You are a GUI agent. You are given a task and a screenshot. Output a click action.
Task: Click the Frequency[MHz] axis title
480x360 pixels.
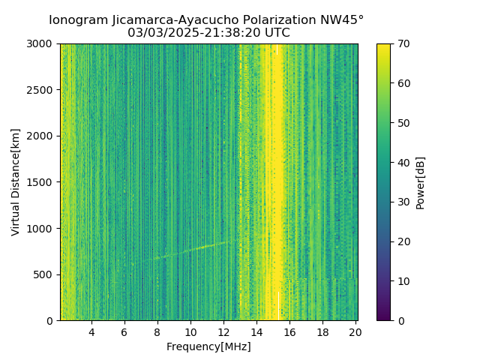click(208, 346)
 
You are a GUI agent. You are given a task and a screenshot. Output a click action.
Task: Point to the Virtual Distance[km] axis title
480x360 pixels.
click(16, 182)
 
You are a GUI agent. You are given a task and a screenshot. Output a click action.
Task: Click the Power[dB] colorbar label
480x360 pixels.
click(421, 182)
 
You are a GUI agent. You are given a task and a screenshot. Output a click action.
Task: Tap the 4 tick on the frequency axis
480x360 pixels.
click(91, 331)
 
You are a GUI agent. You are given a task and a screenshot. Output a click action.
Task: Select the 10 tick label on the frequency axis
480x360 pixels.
click(190, 331)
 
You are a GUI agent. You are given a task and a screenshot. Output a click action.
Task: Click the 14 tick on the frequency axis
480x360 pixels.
click(256, 331)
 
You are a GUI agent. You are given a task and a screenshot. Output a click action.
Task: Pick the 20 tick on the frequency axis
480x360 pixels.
click(355, 331)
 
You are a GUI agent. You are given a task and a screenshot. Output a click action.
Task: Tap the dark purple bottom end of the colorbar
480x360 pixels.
click(383, 318)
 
